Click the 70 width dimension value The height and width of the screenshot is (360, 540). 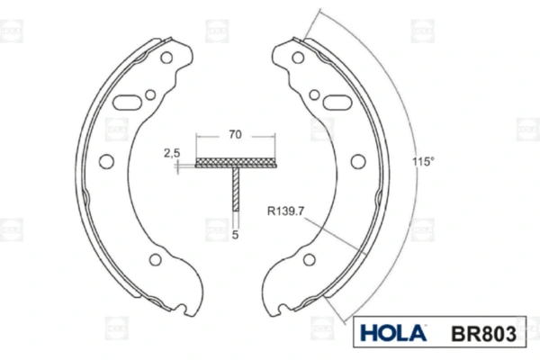(x=234, y=135)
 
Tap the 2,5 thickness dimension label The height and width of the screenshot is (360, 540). (x=172, y=154)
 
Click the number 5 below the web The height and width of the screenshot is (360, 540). (x=235, y=236)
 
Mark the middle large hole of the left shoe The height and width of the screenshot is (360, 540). (x=105, y=162)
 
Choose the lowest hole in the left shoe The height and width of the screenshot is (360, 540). (x=154, y=260)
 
